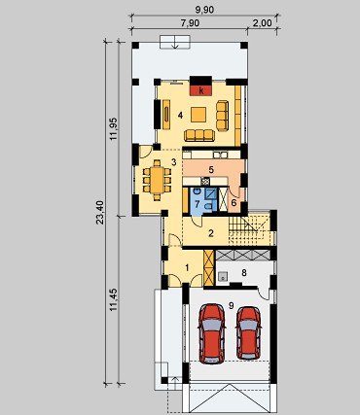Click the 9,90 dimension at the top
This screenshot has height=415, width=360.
204,10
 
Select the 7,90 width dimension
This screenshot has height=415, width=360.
190,23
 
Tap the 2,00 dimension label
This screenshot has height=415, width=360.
262,23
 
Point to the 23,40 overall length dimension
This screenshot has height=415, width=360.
100,213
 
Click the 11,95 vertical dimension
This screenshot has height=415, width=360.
114,128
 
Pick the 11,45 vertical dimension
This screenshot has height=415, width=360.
114,299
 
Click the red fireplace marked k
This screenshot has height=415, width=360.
201,90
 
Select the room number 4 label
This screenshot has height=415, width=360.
180,115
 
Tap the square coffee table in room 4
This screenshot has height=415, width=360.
198,115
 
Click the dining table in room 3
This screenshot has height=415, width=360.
157,180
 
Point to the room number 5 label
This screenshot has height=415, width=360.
211,169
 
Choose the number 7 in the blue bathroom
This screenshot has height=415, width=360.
198,204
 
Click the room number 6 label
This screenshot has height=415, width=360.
234,203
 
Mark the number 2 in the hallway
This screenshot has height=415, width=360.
211,233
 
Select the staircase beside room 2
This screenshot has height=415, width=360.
249,227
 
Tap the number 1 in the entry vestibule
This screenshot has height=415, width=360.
187,267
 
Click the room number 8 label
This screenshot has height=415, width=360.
244,273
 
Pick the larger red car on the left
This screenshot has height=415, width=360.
212,333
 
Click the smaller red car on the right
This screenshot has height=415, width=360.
249,333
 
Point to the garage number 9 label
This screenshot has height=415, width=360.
231,305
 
